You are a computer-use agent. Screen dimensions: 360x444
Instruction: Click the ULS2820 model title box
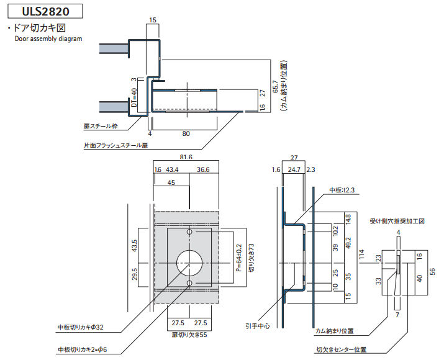[43, 11]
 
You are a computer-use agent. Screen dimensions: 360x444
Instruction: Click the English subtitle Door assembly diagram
[48, 38]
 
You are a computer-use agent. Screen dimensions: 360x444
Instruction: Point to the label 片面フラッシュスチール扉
[116, 146]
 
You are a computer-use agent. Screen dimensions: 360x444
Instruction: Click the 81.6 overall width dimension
[186, 158]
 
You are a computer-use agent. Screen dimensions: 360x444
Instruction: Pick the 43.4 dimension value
[173, 169]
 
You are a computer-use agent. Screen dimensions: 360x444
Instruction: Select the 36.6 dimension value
[202, 169]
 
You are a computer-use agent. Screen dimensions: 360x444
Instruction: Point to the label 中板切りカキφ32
[80, 327]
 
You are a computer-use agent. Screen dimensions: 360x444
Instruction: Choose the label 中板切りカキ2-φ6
[83, 349]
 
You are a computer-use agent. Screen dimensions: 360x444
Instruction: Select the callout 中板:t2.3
[343, 190]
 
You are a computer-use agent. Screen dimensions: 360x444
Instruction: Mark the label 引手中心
[257, 325]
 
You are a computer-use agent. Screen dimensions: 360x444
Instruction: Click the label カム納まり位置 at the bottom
[334, 331]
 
